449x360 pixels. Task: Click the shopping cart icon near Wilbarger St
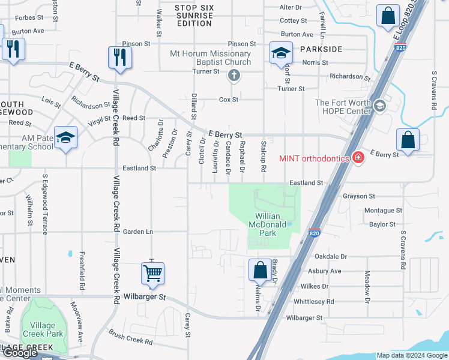tap(153, 273)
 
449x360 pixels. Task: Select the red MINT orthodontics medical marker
tap(358, 158)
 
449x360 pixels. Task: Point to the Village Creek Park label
tap(43, 329)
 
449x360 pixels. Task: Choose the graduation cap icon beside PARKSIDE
tap(280, 53)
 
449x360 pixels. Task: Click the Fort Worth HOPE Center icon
tap(379, 106)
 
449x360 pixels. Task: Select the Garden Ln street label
tap(138, 232)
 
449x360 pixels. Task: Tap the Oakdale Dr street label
tap(331, 256)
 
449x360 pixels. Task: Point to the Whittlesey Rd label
tap(313, 301)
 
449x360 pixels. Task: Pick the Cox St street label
tap(229, 100)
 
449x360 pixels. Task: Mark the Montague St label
tap(383, 211)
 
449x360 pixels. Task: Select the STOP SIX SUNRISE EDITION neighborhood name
tap(194, 16)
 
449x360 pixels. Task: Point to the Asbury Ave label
tap(325, 271)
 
